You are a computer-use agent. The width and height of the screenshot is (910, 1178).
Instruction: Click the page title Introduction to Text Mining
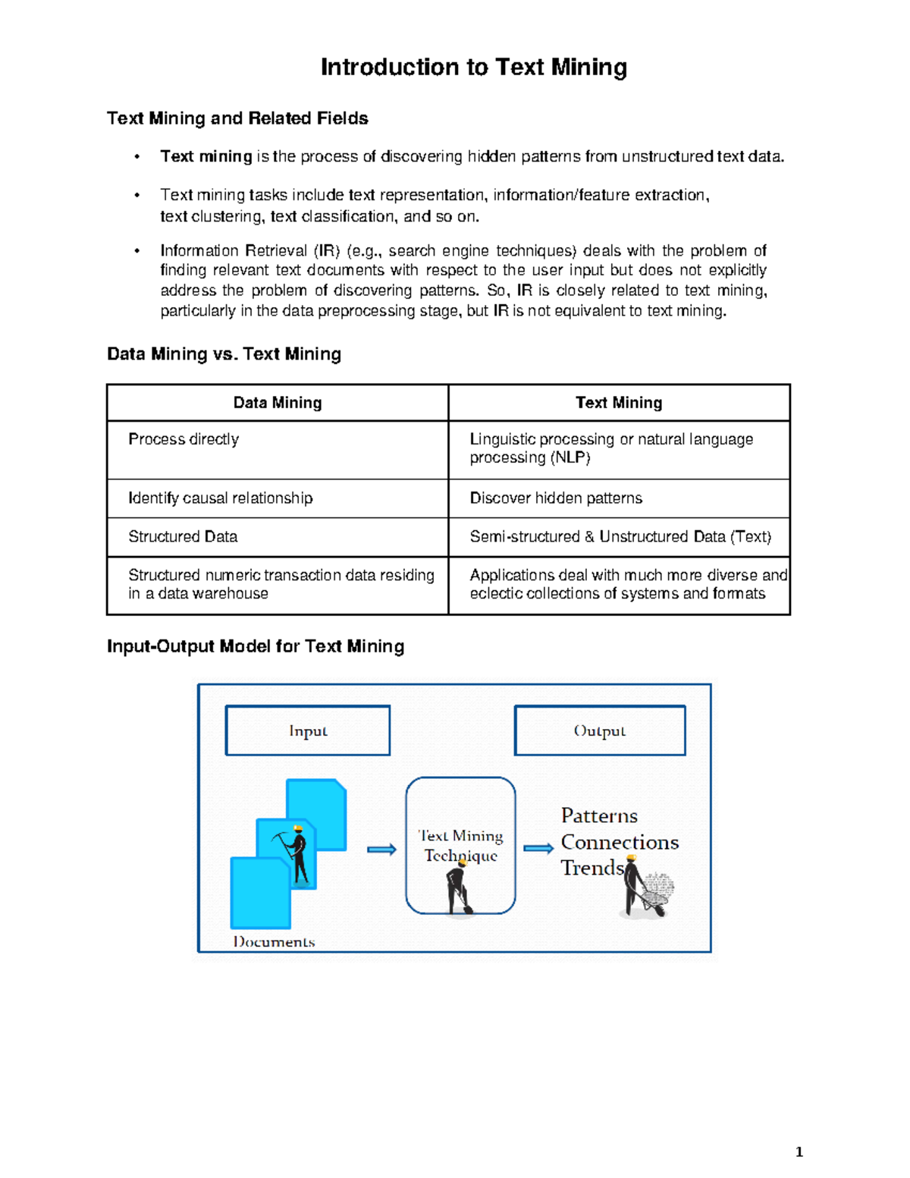point(473,68)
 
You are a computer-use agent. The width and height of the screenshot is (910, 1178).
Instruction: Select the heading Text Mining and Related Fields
point(237,118)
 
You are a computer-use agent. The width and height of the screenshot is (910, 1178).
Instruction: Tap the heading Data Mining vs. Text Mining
point(224,354)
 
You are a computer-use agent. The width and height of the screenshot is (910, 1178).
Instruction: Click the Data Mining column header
point(278,403)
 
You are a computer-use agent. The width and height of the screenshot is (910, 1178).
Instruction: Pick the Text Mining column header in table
point(619,403)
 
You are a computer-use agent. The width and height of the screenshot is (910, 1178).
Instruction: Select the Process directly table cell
point(184,439)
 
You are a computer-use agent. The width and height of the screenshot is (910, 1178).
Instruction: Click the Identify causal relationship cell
point(220,498)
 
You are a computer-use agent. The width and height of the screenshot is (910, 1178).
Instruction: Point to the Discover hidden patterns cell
point(556,498)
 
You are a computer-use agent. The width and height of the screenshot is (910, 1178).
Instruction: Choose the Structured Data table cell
point(183,537)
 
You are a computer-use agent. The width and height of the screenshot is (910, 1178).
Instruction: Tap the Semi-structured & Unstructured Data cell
point(620,537)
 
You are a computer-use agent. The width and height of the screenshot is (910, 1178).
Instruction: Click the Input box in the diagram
point(308,730)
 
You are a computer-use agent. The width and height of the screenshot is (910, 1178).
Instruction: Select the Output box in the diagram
point(600,730)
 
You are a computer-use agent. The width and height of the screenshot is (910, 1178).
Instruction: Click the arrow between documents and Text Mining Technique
point(381,850)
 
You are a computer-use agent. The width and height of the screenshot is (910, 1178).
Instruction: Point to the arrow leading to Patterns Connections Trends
point(538,848)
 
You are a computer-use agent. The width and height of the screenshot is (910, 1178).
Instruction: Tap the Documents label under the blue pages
point(274,942)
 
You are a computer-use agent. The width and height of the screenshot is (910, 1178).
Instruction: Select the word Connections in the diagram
point(620,843)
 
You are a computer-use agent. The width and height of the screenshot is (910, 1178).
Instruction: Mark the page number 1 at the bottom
point(799,1152)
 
